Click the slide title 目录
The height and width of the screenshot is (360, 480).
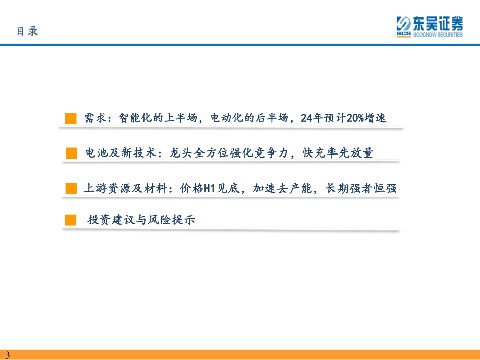tap(28, 31)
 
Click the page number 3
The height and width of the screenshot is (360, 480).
tap(8, 355)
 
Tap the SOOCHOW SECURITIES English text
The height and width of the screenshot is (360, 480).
tap(438, 35)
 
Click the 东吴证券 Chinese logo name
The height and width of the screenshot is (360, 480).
tap(438, 23)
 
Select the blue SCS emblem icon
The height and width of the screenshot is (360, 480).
tap(404, 27)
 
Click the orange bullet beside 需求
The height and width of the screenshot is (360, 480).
tap(71, 118)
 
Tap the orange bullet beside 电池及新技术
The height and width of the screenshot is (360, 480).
tap(71, 153)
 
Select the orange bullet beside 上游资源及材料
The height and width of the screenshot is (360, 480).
tap(71, 188)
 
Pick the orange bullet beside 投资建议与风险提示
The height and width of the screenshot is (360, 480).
tap(70, 220)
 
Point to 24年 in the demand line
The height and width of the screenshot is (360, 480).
tap(312, 118)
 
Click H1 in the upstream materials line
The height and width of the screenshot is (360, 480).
tap(209, 188)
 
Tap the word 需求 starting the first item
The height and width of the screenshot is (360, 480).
tap(95, 118)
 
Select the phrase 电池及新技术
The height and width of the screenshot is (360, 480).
tap(121, 152)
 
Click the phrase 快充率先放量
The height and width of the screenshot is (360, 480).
tap(338, 152)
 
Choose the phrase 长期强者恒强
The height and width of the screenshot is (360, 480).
tap(361, 188)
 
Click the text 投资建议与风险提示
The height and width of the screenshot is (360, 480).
tap(141, 220)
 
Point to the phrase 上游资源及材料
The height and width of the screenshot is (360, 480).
tap(125, 188)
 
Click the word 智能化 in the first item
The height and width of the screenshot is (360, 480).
tap(135, 118)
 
